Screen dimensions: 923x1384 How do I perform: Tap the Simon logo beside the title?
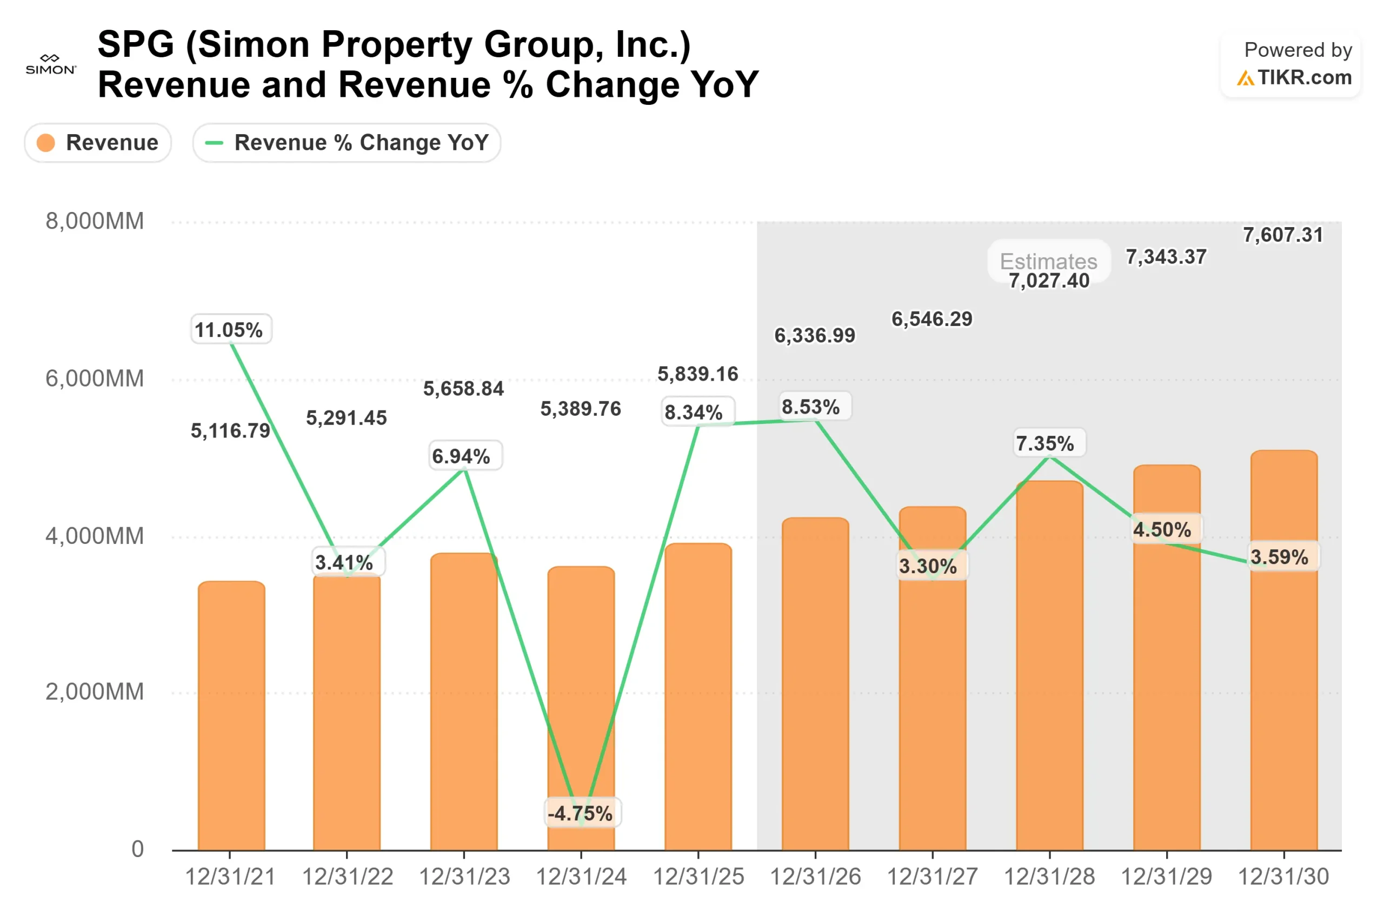click(x=51, y=65)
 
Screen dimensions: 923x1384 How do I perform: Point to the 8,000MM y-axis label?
click(x=95, y=222)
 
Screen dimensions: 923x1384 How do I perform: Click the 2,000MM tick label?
click(x=95, y=692)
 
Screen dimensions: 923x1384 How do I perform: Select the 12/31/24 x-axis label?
click(x=581, y=877)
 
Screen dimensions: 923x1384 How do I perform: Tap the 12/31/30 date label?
click(x=1283, y=877)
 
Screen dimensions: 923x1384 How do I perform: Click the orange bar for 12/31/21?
click(x=231, y=718)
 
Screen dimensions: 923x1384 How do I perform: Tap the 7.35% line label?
click(x=1045, y=443)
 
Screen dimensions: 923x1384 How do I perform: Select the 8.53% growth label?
click(x=811, y=407)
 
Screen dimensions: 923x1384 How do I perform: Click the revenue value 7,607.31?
click(x=1283, y=235)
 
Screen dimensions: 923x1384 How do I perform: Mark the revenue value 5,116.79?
click(x=231, y=431)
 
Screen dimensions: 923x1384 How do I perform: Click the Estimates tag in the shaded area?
click(x=1049, y=260)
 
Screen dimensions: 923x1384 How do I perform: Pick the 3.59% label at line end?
click(x=1279, y=557)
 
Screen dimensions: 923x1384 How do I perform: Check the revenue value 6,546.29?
click(x=932, y=319)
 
